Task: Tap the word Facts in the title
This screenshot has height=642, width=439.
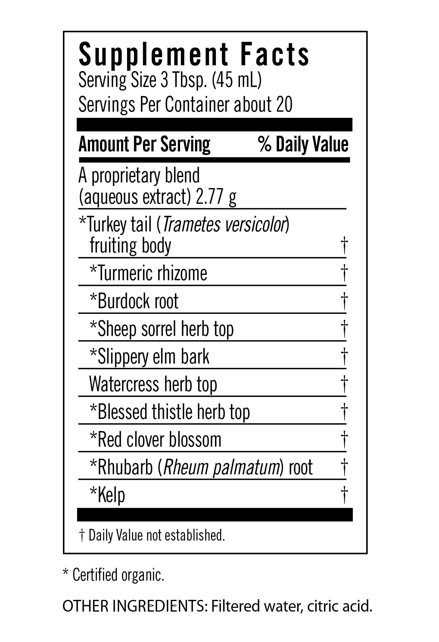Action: coord(275,54)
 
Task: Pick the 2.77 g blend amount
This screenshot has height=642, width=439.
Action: coord(216,197)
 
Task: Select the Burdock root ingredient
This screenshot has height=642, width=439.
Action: coord(138,301)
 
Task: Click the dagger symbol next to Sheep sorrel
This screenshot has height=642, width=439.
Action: coord(344,329)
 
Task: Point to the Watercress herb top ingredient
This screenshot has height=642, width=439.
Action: coord(153,384)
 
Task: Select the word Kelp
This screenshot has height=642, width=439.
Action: coord(111,495)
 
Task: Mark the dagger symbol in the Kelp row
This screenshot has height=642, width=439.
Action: coord(344,495)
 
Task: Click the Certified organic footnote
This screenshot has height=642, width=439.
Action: coord(118,575)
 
